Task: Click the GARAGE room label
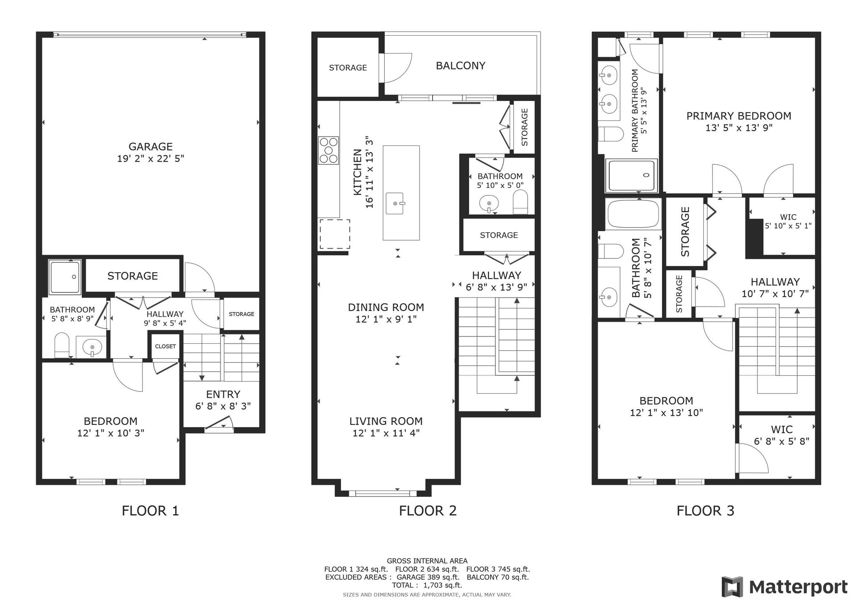(x=150, y=146)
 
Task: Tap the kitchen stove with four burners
(x=329, y=150)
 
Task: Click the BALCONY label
(x=460, y=66)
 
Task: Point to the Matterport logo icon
(x=732, y=586)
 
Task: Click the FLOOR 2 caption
(x=428, y=511)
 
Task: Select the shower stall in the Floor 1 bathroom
(x=65, y=277)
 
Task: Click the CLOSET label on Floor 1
(x=165, y=346)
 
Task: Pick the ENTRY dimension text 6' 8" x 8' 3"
(x=223, y=406)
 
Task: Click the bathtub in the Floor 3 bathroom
(x=633, y=214)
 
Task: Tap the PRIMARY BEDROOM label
(x=739, y=116)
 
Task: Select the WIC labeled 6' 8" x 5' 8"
(x=782, y=435)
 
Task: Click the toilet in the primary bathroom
(x=610, y=134)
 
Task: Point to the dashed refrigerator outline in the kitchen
(x=334, y=234)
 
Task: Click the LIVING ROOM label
(x=386, y=421)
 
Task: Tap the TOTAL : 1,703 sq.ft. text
(x=427, y=585)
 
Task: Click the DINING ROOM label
(x=386, y=307)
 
